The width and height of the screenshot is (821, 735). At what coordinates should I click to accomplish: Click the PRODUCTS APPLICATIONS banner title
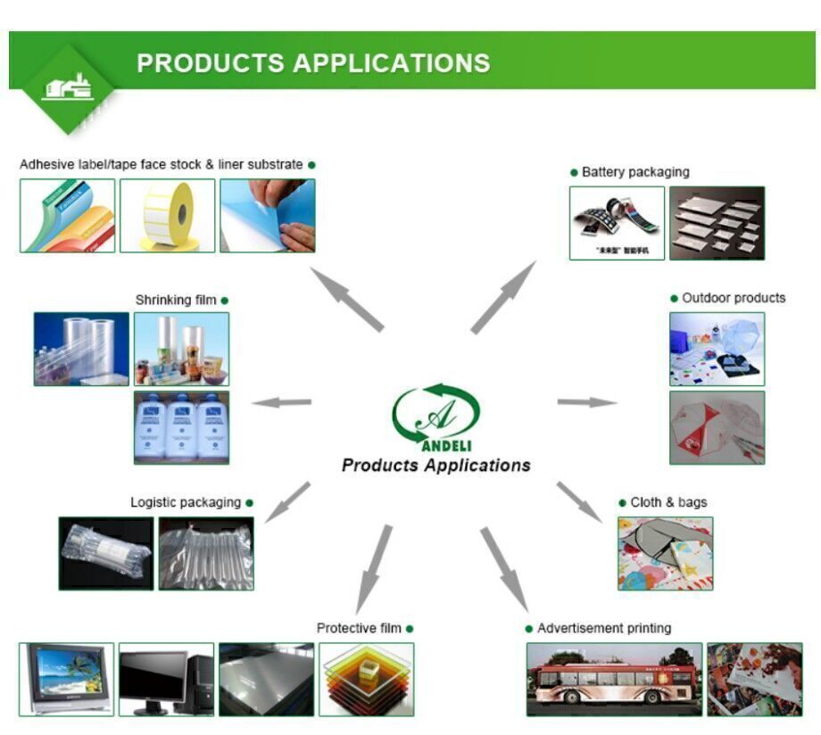(313, 63)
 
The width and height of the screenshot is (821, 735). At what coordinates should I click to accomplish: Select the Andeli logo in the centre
(436, 416)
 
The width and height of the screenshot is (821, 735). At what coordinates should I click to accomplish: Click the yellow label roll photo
(168, 216)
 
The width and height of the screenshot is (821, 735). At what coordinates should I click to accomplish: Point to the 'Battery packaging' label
(634, 172)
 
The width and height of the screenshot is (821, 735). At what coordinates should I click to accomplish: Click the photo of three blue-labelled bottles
(181, 427)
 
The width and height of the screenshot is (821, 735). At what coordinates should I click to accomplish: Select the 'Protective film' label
(359, 628)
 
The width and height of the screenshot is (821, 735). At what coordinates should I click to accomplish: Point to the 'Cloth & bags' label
(668, 502)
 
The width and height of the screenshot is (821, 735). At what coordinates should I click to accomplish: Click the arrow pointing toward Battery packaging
(503, 297)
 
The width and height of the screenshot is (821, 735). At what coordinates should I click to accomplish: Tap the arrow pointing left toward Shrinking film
(282, 402)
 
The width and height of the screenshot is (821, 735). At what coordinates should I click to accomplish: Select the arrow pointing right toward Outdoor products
(587, 402)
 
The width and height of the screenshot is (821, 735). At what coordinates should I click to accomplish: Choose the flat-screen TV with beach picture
(67, 678)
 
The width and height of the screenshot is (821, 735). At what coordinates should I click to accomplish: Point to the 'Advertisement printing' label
(603, 628)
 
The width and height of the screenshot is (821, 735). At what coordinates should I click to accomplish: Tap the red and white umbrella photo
(717, 427)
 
